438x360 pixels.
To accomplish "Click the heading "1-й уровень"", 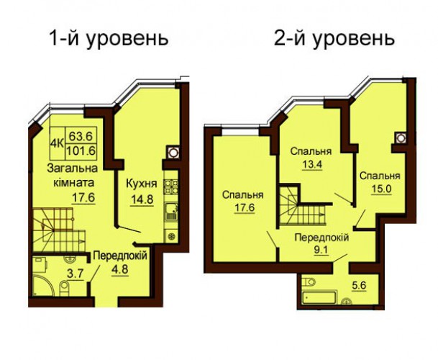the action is (109, 39).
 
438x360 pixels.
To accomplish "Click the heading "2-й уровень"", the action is (334, 39).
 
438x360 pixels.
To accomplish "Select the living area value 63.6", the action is (81, 137).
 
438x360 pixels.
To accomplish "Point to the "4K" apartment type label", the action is (57, 143).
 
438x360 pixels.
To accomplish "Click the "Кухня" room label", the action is (142, 184).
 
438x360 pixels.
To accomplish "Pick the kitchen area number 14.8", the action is (142, 199).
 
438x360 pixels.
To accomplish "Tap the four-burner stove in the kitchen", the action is (171, 186).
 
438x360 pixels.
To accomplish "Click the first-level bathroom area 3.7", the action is (76, 274).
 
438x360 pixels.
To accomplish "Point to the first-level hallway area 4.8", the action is (120, 270).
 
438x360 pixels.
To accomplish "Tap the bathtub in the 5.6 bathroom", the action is (319, 297).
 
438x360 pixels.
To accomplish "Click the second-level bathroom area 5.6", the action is (359, 286).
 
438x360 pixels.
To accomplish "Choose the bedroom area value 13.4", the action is (312, 164).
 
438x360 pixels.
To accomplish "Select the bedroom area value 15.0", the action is (382, 189).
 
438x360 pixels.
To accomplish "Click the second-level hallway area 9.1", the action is (321, 250).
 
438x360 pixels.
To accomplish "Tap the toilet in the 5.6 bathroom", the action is (309, 282).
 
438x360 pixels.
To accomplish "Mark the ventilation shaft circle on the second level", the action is (401, 138).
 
